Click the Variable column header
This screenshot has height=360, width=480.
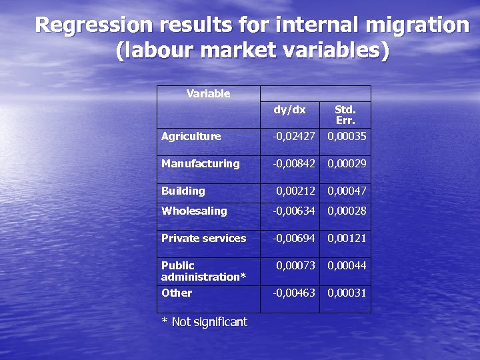click(x=208, y=94)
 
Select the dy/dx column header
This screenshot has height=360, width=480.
click(x=289, y=109)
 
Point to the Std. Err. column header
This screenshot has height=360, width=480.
click(x=345, y=115)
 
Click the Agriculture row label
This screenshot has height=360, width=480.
click(x=191, y=137)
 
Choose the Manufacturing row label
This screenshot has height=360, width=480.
click(x=200, y=164)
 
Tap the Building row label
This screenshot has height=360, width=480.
click(x=183, y=191)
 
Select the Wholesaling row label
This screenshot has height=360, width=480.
click(x=194, y=211)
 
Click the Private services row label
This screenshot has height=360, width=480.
click(x=203, y=239)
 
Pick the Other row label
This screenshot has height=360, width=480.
click(x=177, y=293)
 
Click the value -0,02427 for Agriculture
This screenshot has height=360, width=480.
click(x=293, y=137)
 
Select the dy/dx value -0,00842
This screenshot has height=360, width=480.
click(x=293, y=164)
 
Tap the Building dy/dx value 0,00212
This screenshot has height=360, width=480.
click(x=296, y=191)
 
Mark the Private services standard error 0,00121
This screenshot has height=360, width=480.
click(x=346, y=239)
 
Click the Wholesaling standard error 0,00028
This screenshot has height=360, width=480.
click(x=346, y=211)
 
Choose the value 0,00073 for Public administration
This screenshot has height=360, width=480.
click(x=296, y=266)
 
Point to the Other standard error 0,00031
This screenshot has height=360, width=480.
click(x=346, y=293)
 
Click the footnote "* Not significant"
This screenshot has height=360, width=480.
click(x=204, y=323)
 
